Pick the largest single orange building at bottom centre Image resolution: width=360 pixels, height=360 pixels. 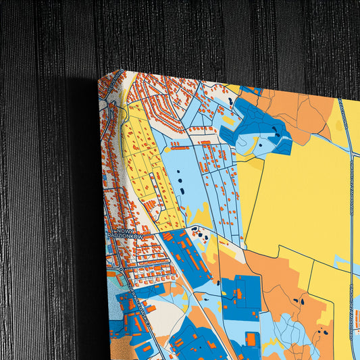pyautogui.click(x=251, y=337)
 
